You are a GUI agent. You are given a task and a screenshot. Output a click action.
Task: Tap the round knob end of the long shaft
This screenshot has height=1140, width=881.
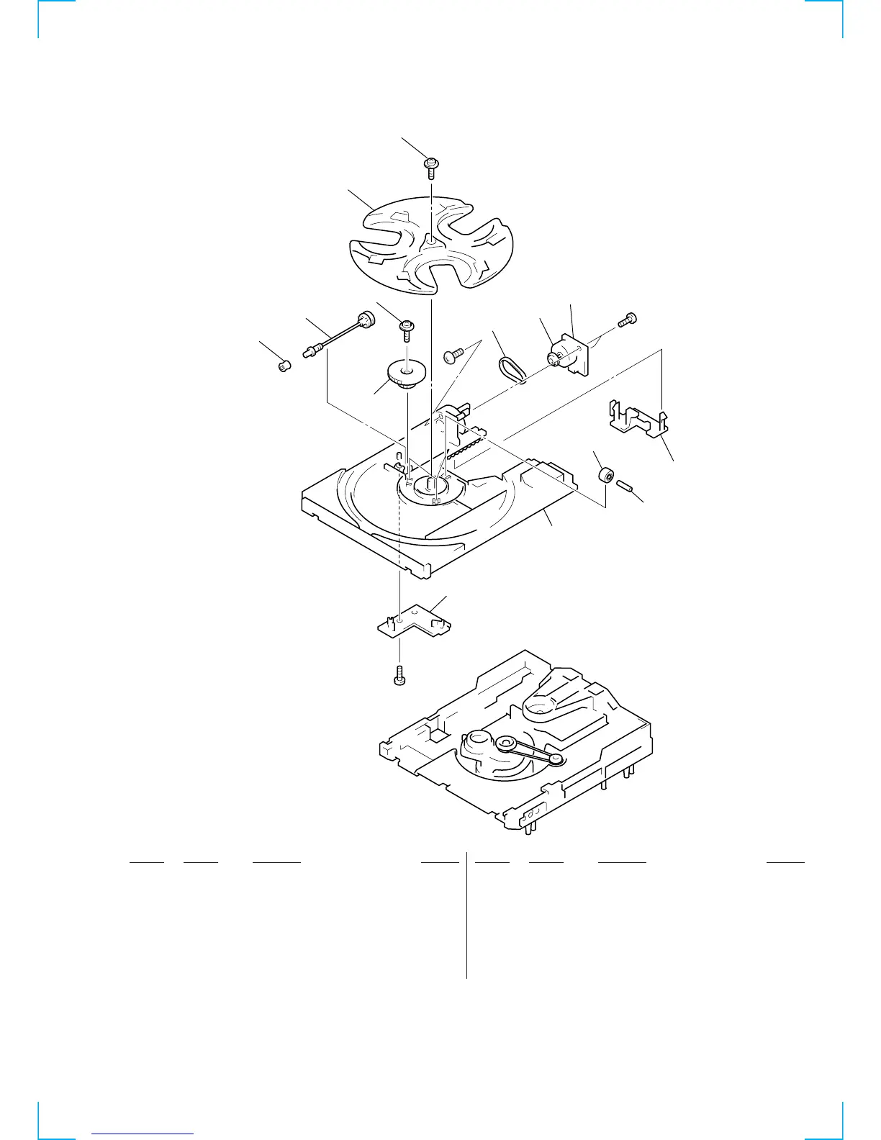367,319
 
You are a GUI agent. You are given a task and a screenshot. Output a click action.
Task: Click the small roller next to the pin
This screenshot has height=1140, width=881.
607,475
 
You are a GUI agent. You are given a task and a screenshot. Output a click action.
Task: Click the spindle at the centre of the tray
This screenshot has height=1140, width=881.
431,483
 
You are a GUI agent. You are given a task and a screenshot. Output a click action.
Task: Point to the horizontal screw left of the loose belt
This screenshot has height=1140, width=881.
453,353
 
